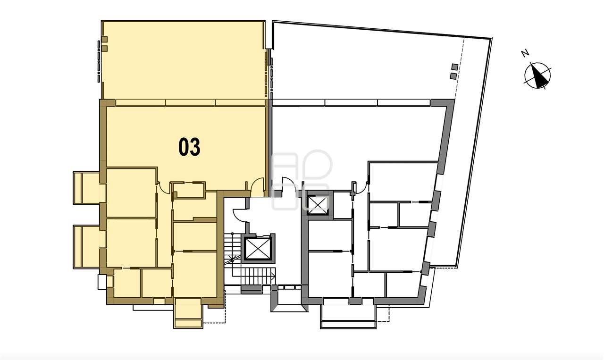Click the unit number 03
pos(189,147)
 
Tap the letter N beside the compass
pos(525,54)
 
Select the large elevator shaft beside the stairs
pos(257,248)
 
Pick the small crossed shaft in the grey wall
pos(318,205)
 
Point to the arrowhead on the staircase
pos(273,276)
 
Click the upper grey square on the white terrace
pos(455,67)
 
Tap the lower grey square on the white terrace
pos(453,76)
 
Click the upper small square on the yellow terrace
pos(105,39)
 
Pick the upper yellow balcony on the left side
pos(86,188)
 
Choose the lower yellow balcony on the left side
pos(86,247)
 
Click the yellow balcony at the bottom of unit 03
pos(188,313)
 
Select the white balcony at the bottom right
pos(348,313)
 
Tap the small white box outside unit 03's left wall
pos(102,282)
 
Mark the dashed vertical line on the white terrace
pos(460,68)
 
